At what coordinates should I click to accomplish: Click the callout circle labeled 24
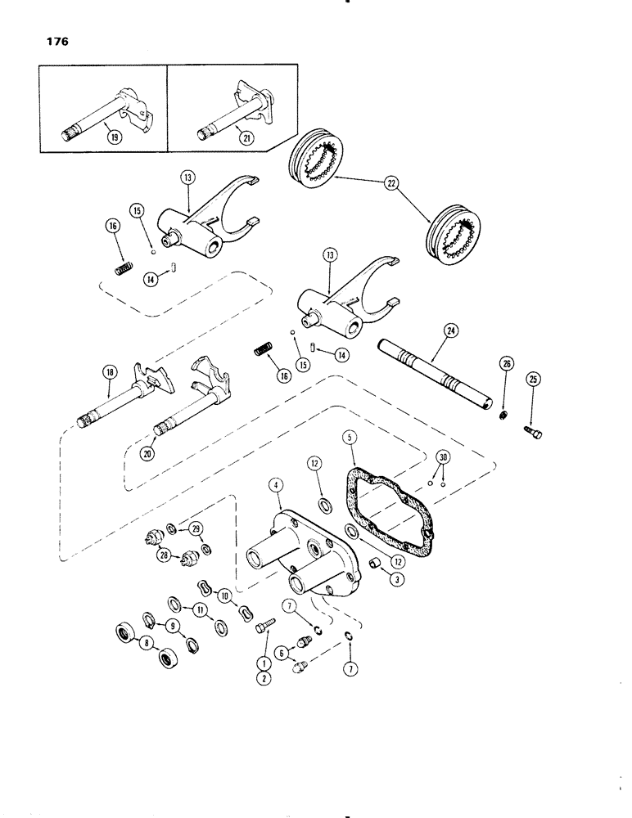click(x=427, y=332)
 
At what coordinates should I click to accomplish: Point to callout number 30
click(x=443, y=456)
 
